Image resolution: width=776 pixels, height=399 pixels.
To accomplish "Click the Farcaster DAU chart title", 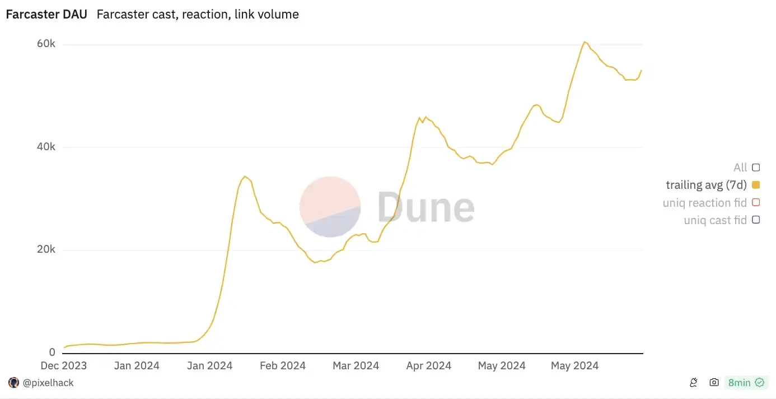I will (x=46, y=15).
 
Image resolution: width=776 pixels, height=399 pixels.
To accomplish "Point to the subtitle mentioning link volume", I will (x=198, y=15).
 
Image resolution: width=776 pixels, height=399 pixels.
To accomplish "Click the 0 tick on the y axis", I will (x=52, y=352).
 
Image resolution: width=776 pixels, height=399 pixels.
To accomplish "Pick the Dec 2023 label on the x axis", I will (x=64, y=366).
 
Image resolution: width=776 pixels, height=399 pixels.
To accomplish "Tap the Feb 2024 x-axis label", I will (x=282, y=366).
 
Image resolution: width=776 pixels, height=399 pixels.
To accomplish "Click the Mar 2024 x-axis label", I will (x=356, y=366).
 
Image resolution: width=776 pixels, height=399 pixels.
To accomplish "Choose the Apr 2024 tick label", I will (x=428, y=366).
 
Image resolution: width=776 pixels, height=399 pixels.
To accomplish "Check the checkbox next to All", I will (x=756, y=167).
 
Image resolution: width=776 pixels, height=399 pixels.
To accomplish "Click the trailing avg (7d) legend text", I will (x=707, y=185).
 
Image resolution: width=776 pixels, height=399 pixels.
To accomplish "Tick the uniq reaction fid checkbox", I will (x=756, y=202).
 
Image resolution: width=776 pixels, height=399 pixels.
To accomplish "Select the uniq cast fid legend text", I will (x=715, y=220).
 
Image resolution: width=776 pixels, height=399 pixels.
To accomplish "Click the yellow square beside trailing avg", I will (x=756, y=185).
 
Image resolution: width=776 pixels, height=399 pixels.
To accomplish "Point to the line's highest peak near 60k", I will (x=584, y=42).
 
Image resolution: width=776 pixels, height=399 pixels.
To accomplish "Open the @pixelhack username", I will (x=48, y=383).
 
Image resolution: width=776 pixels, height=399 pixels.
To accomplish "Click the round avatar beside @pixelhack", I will (x=13, y=383).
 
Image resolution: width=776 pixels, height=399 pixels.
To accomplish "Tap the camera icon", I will (x=714, y=383).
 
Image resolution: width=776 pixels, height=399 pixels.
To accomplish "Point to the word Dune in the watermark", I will (x=426, y=207).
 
